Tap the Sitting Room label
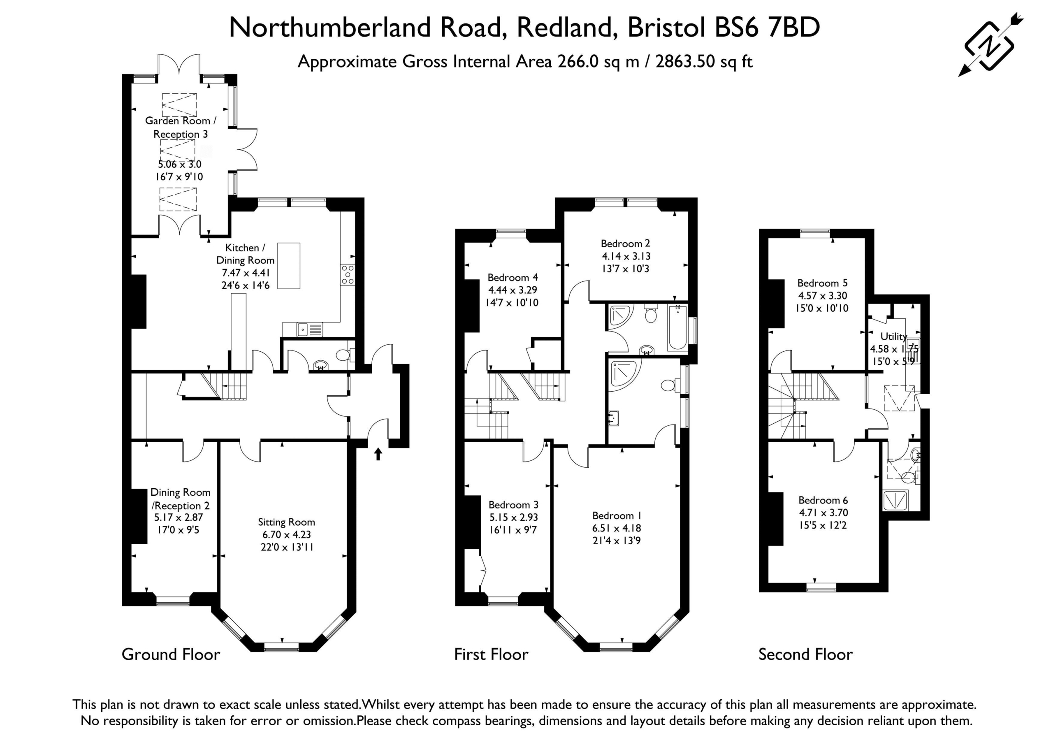tap(286, 522)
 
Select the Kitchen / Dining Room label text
tap(246, 254)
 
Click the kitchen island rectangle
tap(289, 266)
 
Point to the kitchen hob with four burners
tap(348, 274)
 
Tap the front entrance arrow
tap(378, 454)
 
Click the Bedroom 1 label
tap(617, 515)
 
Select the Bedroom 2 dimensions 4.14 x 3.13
tap(626, 256)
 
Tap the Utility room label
tap(894, 336)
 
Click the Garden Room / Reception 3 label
tap(181, 127)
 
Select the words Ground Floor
tap(171, 654)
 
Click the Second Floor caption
tap(805, 654)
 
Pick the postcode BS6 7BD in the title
tap(767, 27)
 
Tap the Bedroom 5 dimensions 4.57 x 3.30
tap(823, 295)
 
